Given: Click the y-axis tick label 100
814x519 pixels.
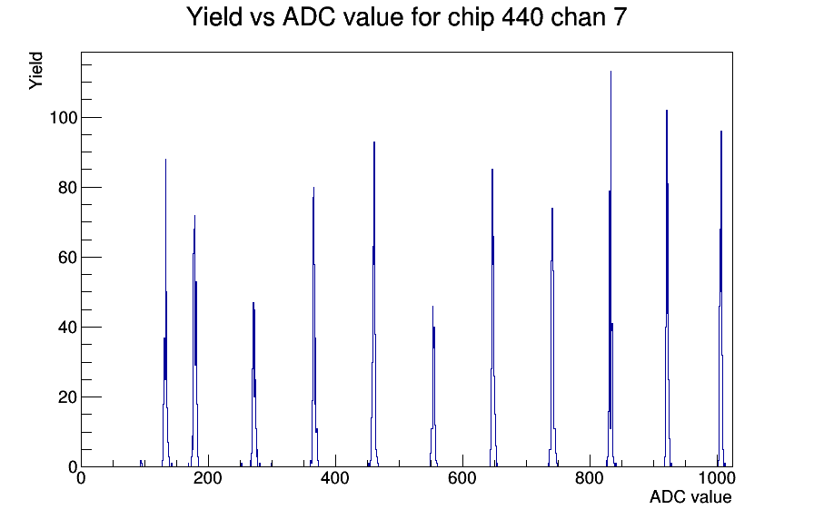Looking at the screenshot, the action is click(64, 118).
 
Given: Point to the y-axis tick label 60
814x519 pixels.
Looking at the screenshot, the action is click(68, 257).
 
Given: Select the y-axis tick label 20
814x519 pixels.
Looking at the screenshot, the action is click(68, 397).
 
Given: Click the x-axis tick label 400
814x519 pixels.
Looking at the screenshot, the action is click(335, 477).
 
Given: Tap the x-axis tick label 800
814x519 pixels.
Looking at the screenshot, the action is click(590, 477).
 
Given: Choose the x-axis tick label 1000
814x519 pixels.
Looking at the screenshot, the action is click(717, 477).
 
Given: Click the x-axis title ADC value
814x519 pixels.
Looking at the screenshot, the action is click(690, 496).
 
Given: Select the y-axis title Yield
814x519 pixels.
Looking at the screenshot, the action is click(35, 71).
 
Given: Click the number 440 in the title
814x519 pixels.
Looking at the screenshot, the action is click(522, 17).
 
